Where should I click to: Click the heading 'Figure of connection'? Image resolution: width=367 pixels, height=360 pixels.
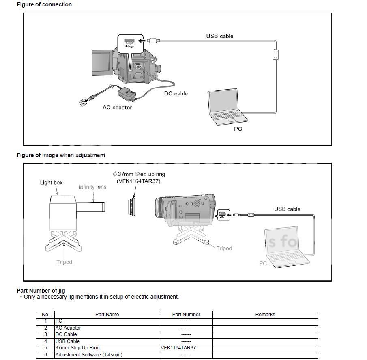coord(44,5)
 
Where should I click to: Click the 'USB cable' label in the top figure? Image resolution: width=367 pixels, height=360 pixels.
coord(219,36)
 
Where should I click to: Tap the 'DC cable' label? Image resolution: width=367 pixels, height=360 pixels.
coord(176,93)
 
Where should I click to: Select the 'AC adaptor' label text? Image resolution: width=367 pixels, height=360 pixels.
coord(117,107)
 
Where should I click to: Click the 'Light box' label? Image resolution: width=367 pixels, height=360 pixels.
coord(51,183)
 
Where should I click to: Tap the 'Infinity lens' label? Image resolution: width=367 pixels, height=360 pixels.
coord(92,187)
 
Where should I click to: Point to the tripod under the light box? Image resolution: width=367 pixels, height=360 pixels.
coord(63,241)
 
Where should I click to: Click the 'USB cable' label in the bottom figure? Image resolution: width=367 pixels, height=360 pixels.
coord(287,209)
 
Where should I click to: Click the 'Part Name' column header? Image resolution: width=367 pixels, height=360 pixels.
coord(107,315)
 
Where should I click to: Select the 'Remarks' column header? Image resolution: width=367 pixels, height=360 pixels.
coord(265,315)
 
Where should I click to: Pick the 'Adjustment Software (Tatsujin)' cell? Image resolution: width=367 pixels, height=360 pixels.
coord(89,355)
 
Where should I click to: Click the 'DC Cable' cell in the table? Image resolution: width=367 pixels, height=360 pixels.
coord(66,334)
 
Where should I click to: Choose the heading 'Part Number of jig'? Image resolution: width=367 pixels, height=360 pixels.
coord(41,291)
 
